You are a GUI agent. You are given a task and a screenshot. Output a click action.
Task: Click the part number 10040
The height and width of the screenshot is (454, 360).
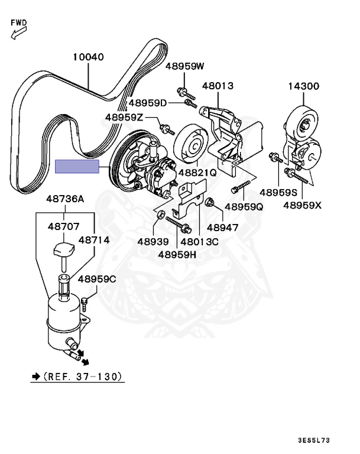point(89,58)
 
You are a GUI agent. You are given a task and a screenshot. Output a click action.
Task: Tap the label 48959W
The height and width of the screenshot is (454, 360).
point(184,66)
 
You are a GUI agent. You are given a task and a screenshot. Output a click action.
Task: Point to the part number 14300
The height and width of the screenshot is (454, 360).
point(304,86)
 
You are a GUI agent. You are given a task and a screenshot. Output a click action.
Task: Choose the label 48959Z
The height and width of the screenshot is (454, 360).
point(124,117)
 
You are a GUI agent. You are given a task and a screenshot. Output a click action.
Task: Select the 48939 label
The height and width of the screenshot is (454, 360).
point(153,241)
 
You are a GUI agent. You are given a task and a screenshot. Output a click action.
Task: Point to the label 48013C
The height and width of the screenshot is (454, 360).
point(200,241)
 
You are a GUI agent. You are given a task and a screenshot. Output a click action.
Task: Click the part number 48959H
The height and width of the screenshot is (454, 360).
point(178,255)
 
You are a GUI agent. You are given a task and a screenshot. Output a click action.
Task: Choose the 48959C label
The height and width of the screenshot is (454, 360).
point(97,278)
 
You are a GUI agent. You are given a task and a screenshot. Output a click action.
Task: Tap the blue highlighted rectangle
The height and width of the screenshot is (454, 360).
point(77,166)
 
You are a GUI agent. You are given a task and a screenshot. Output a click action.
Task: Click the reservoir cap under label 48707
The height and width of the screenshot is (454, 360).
point(61,251)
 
